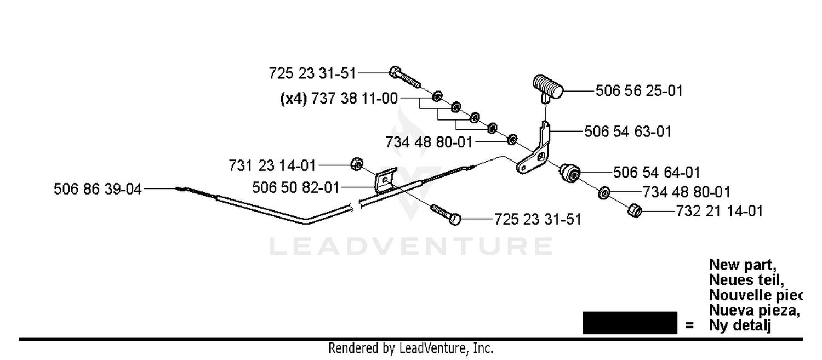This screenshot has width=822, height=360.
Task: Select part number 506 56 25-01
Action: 639,90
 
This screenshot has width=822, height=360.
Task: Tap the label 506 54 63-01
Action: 627,132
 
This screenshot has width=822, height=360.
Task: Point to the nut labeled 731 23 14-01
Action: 357,164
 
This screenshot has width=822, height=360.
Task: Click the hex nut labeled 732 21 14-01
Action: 635,210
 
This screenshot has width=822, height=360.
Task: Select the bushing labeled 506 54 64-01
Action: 569,173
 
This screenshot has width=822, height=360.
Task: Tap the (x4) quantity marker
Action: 293,99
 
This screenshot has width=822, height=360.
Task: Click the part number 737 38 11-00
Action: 355,98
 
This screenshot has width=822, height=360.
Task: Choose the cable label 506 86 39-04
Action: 98,189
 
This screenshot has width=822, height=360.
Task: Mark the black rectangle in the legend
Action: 630,323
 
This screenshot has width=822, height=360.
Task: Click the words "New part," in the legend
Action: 743,265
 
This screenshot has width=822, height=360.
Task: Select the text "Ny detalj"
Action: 740,325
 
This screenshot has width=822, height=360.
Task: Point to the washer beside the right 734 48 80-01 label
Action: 604,193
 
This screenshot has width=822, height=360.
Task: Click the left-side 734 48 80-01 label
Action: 429,142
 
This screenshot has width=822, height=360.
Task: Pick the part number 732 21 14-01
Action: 719,211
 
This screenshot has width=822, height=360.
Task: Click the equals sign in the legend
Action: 689,325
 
